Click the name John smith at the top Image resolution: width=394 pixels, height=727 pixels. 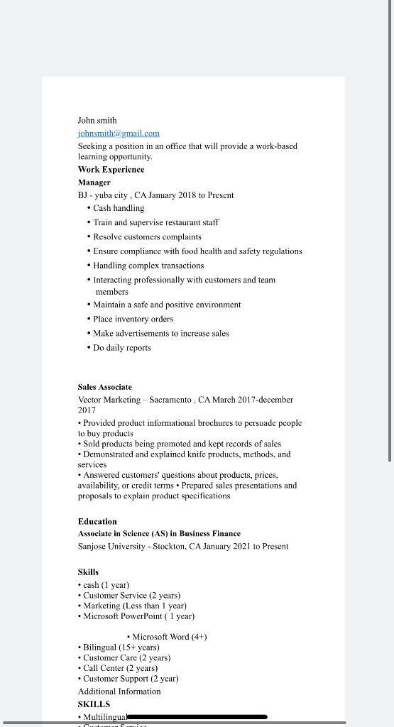(x=97, y=121)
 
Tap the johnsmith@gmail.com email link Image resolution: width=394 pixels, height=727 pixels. (x=119, y=133)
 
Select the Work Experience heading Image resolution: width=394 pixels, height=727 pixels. (x=111, y=170)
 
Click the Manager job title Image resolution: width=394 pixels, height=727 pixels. (x=94, y=182)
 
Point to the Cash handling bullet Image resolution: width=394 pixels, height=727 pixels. (x=119, y=208)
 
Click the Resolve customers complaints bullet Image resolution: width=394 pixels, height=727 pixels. (x=147, y=237)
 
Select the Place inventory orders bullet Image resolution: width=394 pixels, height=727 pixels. (x=133, y=319)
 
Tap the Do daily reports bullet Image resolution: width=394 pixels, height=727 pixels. (x=121, y=348)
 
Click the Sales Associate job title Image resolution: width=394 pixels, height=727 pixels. (x=105, y=387)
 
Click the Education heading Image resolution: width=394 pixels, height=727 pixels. (x=97, y=521)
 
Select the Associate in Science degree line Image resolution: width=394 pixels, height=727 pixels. (x=159, y=534)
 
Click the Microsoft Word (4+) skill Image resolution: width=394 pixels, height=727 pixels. (x=169, y=637)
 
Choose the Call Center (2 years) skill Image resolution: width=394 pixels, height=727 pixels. (x=120, y=668)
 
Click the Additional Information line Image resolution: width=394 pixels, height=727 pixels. (x=119, y=692)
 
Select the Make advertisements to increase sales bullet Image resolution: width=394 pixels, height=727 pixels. (x=160, y=334)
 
